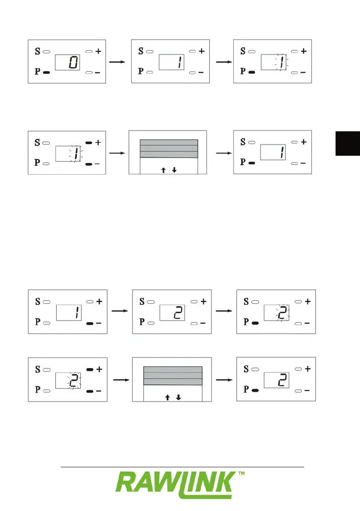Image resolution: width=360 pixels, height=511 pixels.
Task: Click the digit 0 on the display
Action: coord(73,63)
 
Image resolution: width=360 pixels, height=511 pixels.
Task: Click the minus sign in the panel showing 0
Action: coord(98,73)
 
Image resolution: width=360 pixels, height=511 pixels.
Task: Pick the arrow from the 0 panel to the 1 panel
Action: coord(117,62)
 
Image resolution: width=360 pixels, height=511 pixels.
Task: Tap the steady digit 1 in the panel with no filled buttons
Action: coord(177,63)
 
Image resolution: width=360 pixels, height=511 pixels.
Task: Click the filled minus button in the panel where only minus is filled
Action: coord(90,323)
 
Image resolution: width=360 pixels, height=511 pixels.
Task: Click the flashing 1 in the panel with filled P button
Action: coord(280,63)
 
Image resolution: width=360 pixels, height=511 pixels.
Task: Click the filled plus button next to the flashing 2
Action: coord(90,369)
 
